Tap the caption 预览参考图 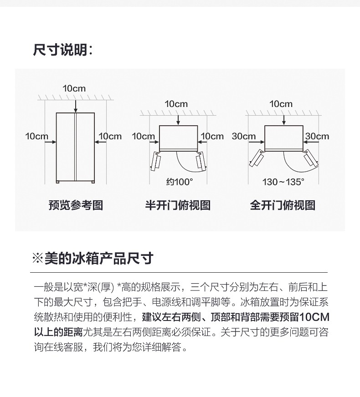[x=76, y=205]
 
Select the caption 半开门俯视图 [x=178, y=205]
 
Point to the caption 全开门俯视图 [x=283, y=205]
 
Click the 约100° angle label [x=180, y=182]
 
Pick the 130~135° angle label [x=283, y=182]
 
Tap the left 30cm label [x=244, y=136]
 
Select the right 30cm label [x=317, y=136]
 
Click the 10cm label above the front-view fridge [x=74, y=88]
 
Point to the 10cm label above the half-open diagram [x=176, y=104]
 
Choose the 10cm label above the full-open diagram [x=281, y=104]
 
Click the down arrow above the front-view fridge [x=76, y=107]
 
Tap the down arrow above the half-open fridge [x=178, y=120]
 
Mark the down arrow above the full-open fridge [x=284, y=120]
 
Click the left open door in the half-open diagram [x=155, y=162]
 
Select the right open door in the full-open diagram [x=311, y=158]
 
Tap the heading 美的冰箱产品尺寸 [x=99, y=258]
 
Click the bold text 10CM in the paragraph [x=314, y=317]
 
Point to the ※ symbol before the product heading [x=37, y=259]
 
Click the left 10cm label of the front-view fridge [x=37, y=136]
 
